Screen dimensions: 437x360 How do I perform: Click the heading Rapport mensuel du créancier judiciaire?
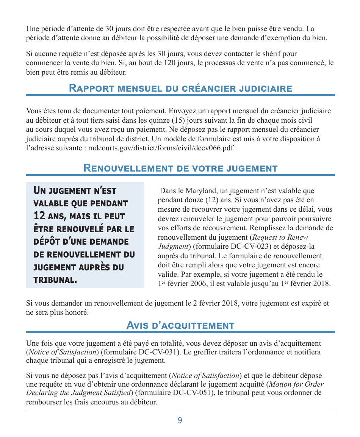tap(180, 89)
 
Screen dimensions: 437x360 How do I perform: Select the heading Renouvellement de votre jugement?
tap(180, 169)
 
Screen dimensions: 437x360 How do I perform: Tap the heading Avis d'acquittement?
tap(180, 325)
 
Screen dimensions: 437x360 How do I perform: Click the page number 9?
tap(180, 420)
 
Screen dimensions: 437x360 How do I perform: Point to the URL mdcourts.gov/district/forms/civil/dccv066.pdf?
tap(161, 148)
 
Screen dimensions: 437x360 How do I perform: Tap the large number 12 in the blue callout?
tap(39, 216)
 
